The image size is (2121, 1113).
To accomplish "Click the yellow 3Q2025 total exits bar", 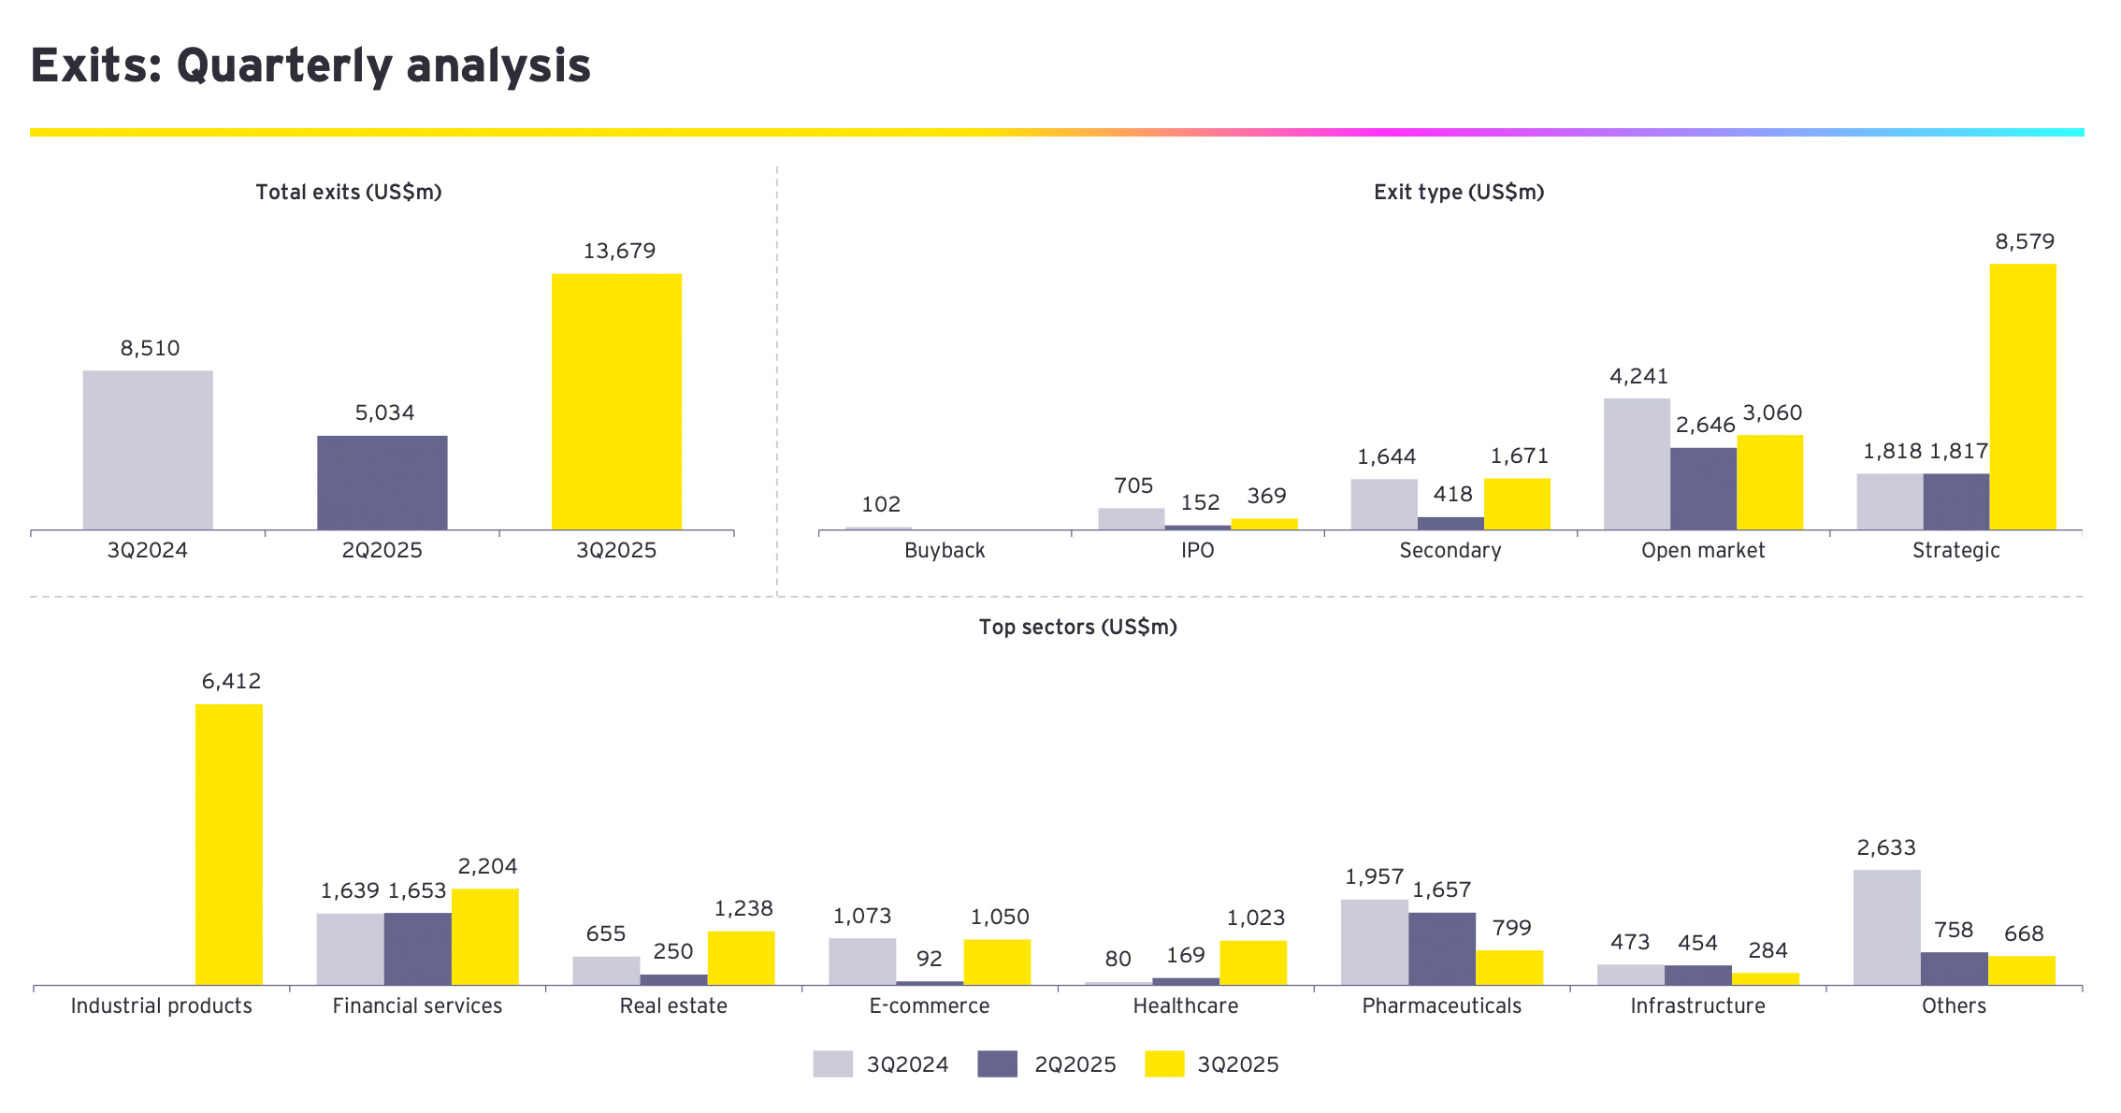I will (616, 402).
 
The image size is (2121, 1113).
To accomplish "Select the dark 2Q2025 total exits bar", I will (382, 483).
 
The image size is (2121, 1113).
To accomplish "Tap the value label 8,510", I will (150, 349).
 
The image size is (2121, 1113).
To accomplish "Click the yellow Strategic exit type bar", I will (2022, 397).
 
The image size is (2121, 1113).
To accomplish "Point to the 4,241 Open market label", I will (1638, 376).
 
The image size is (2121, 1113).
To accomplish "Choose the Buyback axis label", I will (945, 551).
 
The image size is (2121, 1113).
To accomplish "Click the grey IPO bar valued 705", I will (1131, 519).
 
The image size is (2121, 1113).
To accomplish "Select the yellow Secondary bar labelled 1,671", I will (1517, 504).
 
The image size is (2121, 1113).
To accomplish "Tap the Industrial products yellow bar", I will (229, 844).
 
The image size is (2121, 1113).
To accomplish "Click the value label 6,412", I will (231, 682).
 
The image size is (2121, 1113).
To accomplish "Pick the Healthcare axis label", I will (1185, 1006).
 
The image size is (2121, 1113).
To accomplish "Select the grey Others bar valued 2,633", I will (1886, 927).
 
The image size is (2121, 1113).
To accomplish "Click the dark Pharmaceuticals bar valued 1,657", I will (1441, 948).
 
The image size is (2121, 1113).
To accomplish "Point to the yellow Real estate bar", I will (741, 958).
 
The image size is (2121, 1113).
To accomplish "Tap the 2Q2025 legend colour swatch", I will (997, 1064).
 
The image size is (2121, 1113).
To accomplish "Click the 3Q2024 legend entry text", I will (907, 1065).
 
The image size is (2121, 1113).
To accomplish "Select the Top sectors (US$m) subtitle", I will (1077, 627).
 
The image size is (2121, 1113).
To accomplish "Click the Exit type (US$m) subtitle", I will (1458, 193).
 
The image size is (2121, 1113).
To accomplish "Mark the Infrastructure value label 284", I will (1767, 951).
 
